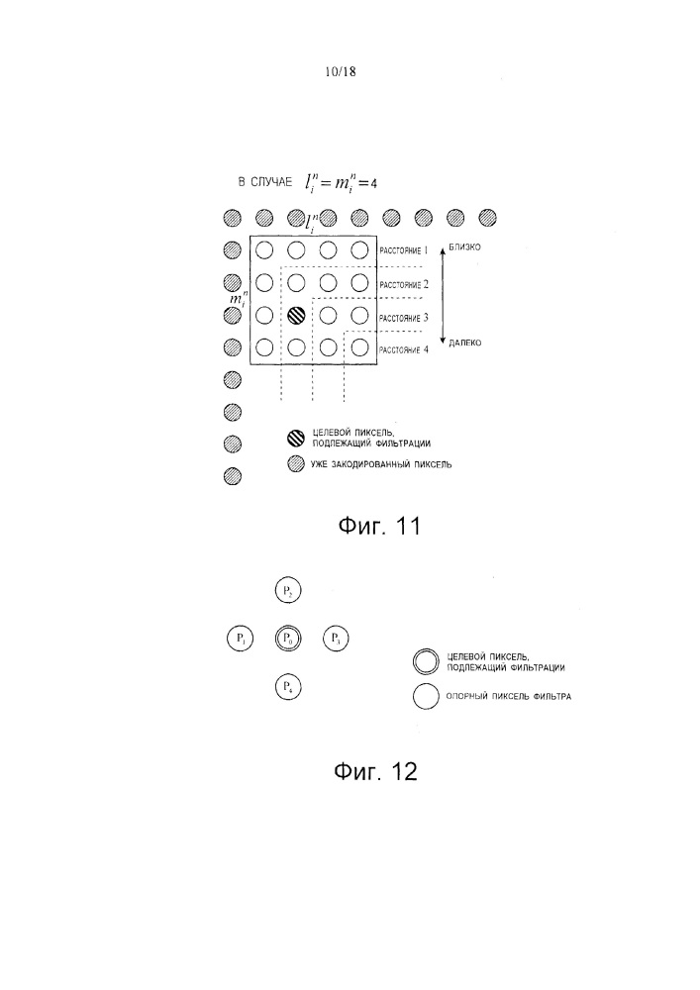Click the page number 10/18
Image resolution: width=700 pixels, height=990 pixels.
pyautogui.click(x=339, y=71)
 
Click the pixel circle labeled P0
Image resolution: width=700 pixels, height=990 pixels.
pyautogui.click(x=287, y=639)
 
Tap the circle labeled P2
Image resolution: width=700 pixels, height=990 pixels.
pyautogui.click(x=287, y=590)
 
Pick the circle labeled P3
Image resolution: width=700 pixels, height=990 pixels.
pyautogui.click(x=336, y=639)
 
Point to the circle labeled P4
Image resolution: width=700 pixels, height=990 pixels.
pyautogui.click(x=287, y=686)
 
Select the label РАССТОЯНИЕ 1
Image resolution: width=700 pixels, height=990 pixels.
pyautogui.click(x=403, y=251)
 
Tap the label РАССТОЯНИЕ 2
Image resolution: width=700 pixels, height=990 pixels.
pyautogui.click(x=403, y=284)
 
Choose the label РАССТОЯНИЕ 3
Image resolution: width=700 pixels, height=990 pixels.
pyautogui.click(x=403, y=317)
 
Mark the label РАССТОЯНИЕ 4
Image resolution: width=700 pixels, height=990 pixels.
pyautogui.click(x=403, y=348)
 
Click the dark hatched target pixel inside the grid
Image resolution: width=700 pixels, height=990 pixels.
pyautogui.click(x=295, y=316)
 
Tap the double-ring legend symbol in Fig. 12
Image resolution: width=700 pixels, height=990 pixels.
pyautogui.click(x=426, y=660)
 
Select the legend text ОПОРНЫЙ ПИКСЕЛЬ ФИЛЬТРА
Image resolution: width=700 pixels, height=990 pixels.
pyautogui.click(x=509, y=697)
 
